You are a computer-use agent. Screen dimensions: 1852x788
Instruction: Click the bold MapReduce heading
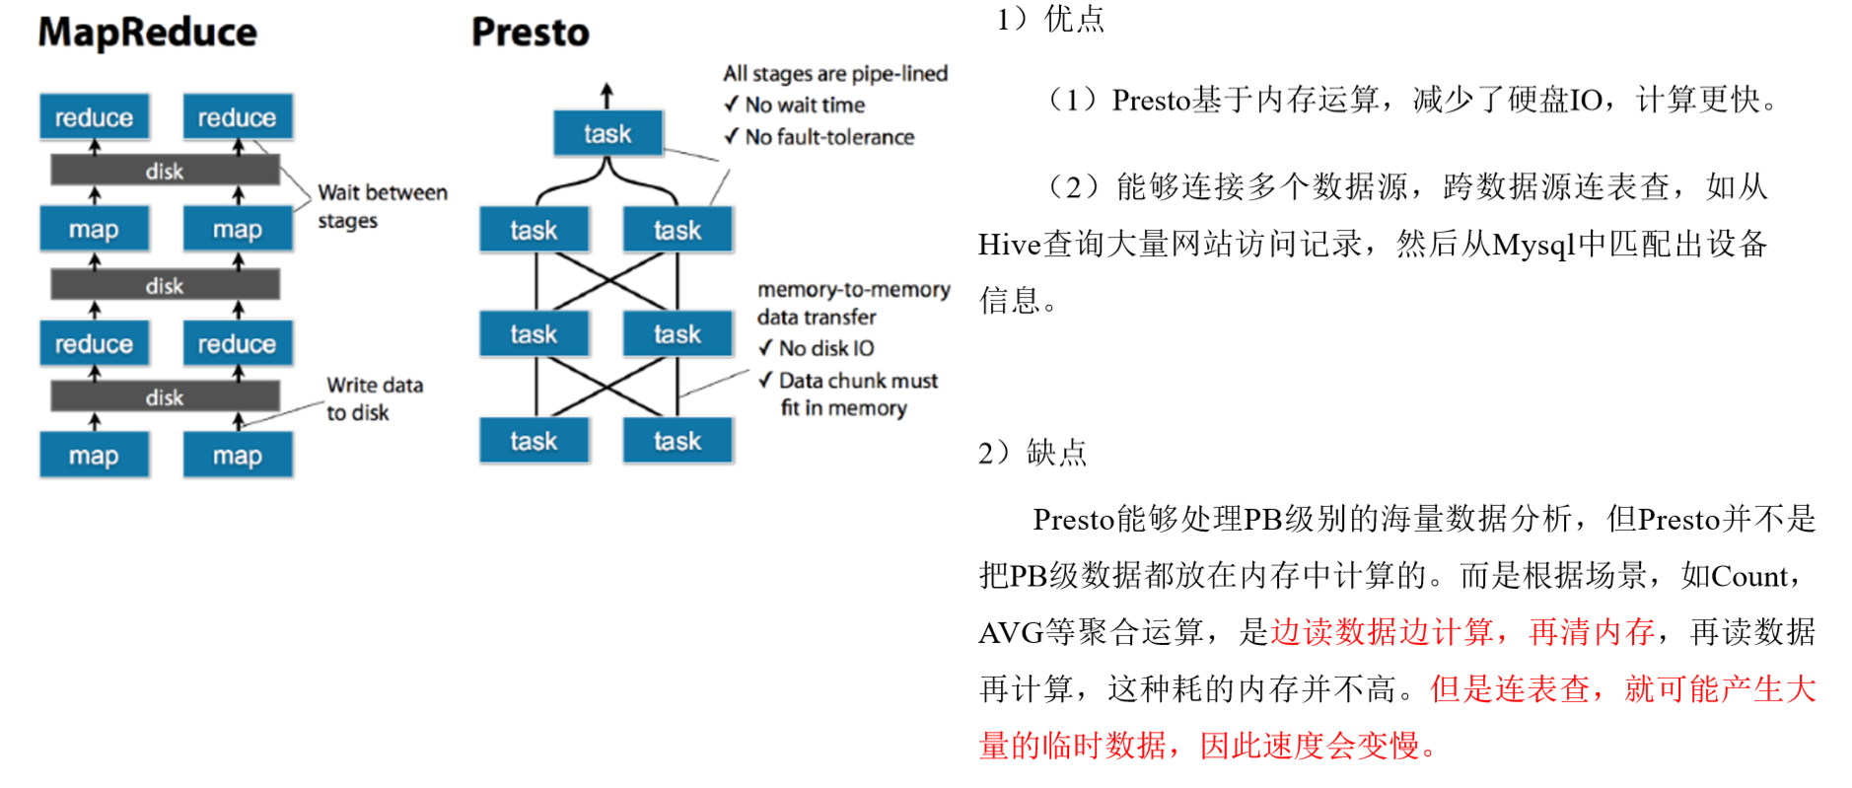click(x=147, y=33)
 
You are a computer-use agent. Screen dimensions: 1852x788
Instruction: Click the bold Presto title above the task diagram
click(x=530, y=33)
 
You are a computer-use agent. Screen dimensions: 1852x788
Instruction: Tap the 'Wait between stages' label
click(x=383, y=206)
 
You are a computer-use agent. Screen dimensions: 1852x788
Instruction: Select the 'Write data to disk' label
click(x=375, y=398)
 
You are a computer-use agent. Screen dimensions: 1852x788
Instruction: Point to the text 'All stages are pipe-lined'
click(x=835, y=74)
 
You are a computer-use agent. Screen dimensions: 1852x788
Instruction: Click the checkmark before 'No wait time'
click(x=731, y=105)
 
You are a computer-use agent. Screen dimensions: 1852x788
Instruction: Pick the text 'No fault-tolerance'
click(x=829, y=137)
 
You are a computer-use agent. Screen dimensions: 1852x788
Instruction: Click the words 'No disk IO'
click(x=826, y=348)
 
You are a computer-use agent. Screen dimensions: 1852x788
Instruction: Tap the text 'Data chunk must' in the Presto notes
click(x=858, y=381)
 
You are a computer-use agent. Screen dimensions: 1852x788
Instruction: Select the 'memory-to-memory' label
click(x=854, y=290)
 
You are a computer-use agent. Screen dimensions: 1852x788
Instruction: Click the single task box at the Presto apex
click(x=607, y=133)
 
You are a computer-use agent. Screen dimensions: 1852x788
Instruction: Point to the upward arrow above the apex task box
click(x=607, y=96)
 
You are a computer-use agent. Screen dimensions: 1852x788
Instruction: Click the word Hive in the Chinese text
click(x=1010, y=245)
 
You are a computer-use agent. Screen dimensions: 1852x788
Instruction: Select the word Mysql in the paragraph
click(x=1533, y=245)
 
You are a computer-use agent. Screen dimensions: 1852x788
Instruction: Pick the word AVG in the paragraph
click(x=1011, y=633)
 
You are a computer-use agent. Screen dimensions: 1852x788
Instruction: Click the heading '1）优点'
click(x=1050, y=19)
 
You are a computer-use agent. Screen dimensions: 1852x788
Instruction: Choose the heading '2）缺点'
click(x=1033, y=453)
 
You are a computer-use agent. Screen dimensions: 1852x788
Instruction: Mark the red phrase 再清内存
click(x=1591, y=633)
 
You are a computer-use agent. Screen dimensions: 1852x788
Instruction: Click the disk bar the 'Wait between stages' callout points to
click(x=165, y=171)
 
